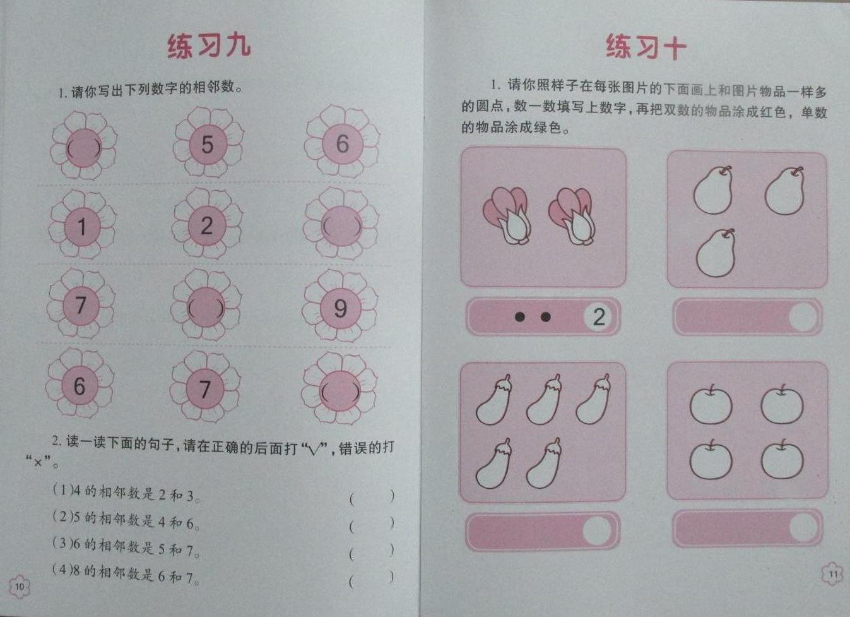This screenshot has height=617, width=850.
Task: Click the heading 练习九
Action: (209, 46)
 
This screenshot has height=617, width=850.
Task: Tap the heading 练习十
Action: (646, 47)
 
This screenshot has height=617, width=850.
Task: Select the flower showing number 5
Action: (208, 143)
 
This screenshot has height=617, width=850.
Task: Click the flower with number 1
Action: (82, 226)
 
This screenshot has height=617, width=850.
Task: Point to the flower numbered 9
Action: (340, 308)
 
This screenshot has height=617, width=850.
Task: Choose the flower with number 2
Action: (207, 225)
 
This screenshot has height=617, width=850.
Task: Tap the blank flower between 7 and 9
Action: (206, 307)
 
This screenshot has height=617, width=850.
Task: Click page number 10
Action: (19, 586)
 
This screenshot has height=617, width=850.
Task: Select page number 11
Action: (833, 573)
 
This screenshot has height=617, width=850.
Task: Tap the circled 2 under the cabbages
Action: (598, 316)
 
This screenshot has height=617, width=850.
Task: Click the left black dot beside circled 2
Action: (519, 316)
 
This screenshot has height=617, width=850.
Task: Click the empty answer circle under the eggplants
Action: (596, 530)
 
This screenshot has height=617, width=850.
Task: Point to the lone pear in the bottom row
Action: (716, 253)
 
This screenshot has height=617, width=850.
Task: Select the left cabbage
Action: (507, 215)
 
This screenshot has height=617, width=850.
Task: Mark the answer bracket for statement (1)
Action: (372, 497)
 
